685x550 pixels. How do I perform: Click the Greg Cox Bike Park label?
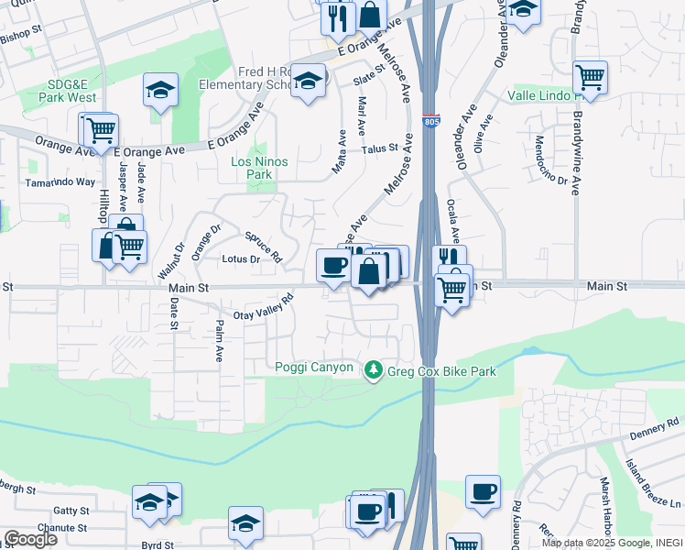click(x=443, y=371)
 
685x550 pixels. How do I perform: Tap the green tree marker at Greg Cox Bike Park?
click(x=373, y=370)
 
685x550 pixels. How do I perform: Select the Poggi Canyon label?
click(x=314, y=368)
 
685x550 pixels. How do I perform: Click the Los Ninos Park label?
click(x=260, y=168)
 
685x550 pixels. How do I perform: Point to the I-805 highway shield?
click(x=430, y=122)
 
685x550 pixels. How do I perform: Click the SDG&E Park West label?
click(x=72, y=90)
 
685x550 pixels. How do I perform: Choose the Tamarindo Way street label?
click(x=60, y=181)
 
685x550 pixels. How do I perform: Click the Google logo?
click(x=29, y=538)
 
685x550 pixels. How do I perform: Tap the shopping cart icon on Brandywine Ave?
click(x=590, y=77)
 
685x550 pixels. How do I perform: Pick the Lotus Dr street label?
click(x=242, y=259)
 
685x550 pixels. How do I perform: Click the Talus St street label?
click(x=380, y=148)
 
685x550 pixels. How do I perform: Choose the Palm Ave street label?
click(x=219, y=340)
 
